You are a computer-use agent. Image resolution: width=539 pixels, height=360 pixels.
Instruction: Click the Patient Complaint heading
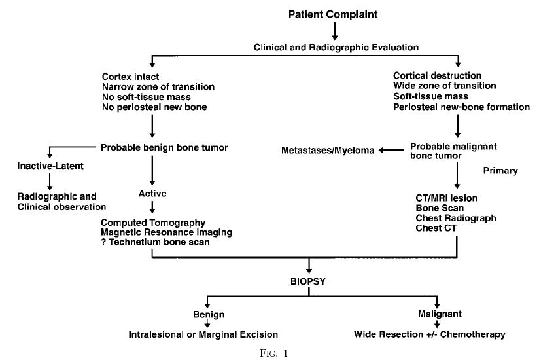pyautogui.click(x=334, y=13)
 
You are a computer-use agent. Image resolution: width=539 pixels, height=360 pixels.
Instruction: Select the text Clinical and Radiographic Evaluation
pyautogui.click(x=335, y=47)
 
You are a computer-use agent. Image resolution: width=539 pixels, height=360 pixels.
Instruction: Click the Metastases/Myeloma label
pyautogui.click(x=319, y=151)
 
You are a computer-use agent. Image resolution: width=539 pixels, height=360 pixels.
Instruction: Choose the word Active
pyautogui.click(x=152, y=194)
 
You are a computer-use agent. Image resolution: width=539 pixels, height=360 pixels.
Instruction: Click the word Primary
pyautogui.click(x=500, y=171)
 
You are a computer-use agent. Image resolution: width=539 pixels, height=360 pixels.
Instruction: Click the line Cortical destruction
pyautogui.click(x=437, y=76)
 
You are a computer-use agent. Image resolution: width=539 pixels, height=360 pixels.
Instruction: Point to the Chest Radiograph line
pyautogui.click(x=446, y=218)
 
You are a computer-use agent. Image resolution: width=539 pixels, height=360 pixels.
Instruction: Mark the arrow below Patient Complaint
pyautogui.click(x=334, y=30)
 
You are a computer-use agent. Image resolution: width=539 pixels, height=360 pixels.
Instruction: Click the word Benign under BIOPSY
pyautogui.click(x=208, y=314)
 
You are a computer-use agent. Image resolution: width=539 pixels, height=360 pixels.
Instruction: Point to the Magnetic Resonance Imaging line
pyautogui.click(x=166, y=233)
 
